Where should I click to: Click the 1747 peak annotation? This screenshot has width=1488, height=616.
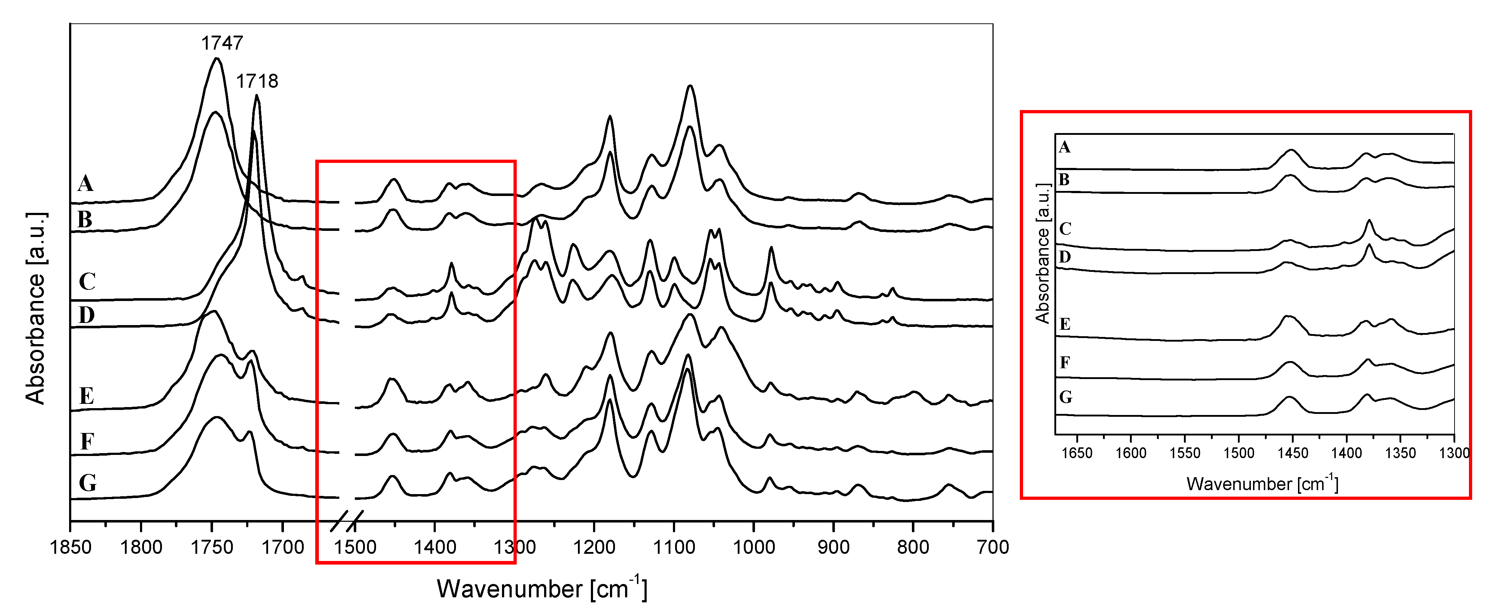pos(222,43)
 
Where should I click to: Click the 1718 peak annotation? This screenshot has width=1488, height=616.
pos(257,81)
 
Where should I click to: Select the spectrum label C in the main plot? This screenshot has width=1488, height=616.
pos(87,281)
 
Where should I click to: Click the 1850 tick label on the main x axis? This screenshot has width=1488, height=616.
pos(71,547)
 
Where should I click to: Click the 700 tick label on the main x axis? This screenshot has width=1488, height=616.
pos(993,547)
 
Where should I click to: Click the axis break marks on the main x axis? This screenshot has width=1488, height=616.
pos(347,521)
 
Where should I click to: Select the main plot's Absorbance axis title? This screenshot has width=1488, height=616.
pos(36,308)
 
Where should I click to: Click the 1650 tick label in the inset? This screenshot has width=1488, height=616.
pos(1077,453)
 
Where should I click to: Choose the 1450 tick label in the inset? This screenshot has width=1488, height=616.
pos(1293,453)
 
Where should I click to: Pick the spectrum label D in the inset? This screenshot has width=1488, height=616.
pos(1064,256)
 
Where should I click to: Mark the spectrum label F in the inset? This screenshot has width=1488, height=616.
pos(1064,362)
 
